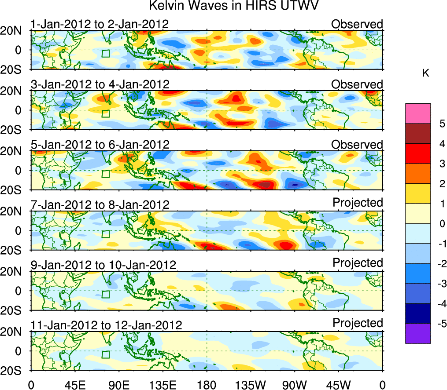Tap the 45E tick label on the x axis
pos(74,385)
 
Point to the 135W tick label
pos(250,385)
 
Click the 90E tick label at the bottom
pos(118,385)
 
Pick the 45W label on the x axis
pos(338,385)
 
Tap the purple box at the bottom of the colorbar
pos(417,333)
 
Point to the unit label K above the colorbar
pos(425,73)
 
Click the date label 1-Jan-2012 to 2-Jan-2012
pos(100,24)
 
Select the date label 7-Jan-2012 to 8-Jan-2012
pos(100,204)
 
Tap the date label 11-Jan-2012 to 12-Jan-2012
pos(106,325)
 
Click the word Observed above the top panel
pos(357,24)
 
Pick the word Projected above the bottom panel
pos(358,323)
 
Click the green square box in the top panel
pos(105,53)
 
